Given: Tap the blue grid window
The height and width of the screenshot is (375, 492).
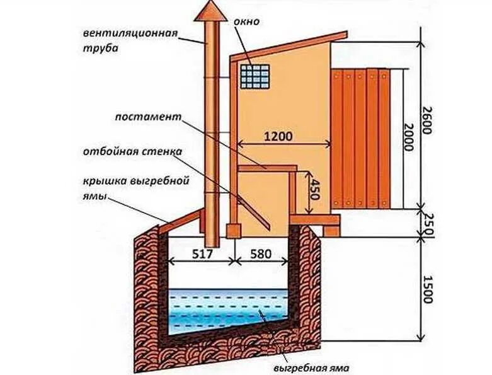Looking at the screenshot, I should tap(254, 76).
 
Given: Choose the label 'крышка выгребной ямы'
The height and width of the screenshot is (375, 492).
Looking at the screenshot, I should tap(135, 187).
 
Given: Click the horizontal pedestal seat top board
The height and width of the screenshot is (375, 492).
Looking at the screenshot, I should tap(266, 168).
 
